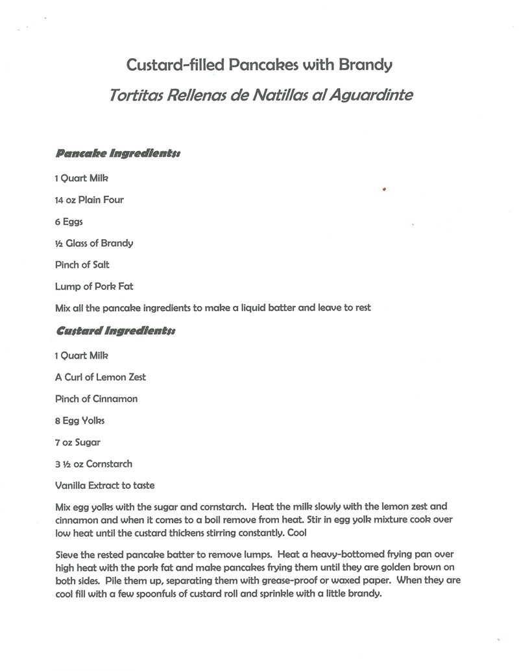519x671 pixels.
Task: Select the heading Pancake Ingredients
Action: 117,154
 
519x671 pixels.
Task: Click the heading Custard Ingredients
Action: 115,331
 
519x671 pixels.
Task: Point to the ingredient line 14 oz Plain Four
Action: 89,200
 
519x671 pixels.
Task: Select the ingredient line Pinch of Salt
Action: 82,265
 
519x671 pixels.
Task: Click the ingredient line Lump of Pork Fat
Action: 94,286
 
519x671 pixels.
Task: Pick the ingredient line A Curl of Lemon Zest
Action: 100,377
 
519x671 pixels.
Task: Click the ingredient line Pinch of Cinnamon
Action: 96,399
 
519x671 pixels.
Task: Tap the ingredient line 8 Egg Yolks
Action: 80,421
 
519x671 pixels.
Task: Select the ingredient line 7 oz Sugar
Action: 78,442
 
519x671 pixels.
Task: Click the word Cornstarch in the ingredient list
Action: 109,464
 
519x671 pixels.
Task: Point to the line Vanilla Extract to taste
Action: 105,485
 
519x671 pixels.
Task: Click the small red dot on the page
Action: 385,189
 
